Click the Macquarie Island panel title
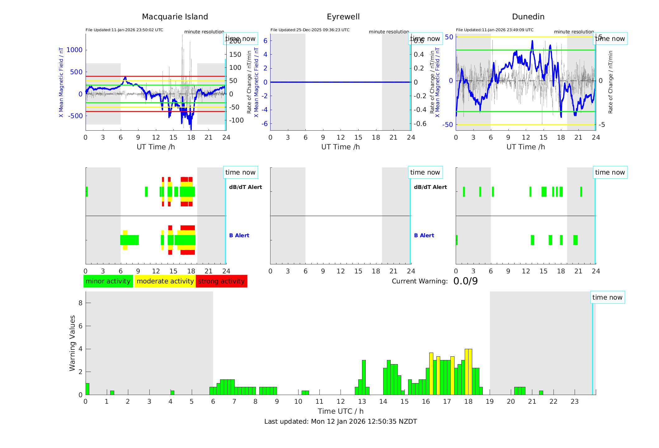(x=175, y=17)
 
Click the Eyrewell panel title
(x=343, y=17)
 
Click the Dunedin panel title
(x=528, y=17)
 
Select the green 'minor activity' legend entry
(x=108, y=281)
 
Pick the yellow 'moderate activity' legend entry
(x=165, y=281)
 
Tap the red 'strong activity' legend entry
(x=221, y=281)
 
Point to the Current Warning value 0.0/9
(x=465, y=281)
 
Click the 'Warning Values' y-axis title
(x=72, y=343)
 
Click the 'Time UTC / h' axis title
(x=341, y=411)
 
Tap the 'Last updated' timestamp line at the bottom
(x=341, y=422)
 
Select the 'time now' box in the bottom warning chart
(x=607, y=297)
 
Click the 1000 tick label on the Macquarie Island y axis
(x=74, y=50)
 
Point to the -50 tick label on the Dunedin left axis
(x=448, y=125)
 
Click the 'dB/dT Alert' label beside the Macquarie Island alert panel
(x=245, y=187)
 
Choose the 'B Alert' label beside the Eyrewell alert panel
(x=424, y=235)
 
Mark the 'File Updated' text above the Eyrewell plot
(x=310, y=30)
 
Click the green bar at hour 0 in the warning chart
(x=87, y=389)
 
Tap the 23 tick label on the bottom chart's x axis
(x=574, y=402)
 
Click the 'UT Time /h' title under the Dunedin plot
(x=525, y=147)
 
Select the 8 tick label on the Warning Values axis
(x=80, y=303)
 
